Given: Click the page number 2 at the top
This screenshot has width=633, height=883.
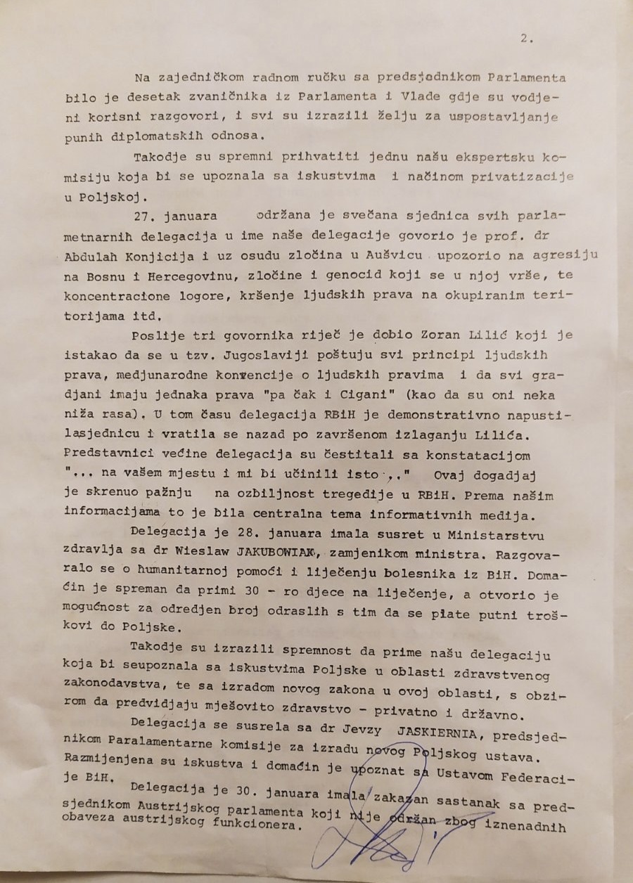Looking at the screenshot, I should [525, 39].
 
